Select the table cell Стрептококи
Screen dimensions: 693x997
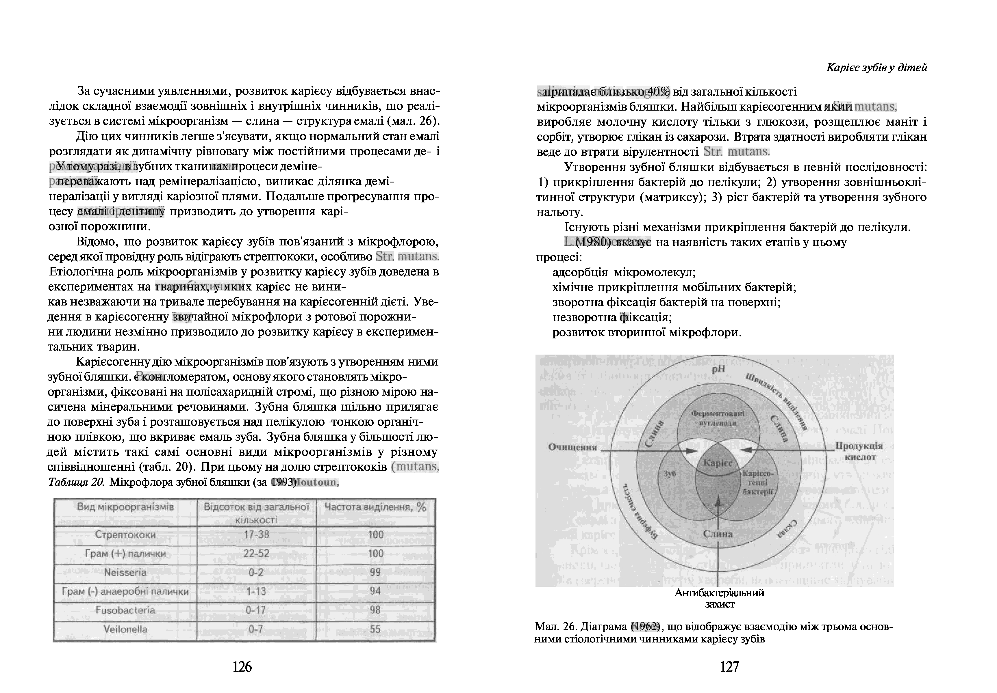(x=125, y=534)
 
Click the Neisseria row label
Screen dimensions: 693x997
(x=125, y=572)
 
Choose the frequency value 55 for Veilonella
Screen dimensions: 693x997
(x=375, y=629)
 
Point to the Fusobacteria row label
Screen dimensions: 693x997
(x=125, y=610)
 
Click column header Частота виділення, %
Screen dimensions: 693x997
(x=375, y=507)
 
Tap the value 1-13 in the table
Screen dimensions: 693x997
(x=256, y=591)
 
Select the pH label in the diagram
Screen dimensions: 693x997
(x=719, y=369)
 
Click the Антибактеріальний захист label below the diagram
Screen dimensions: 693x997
(x=720, y=598)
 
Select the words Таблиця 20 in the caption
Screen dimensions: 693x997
(x=76, y=483)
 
